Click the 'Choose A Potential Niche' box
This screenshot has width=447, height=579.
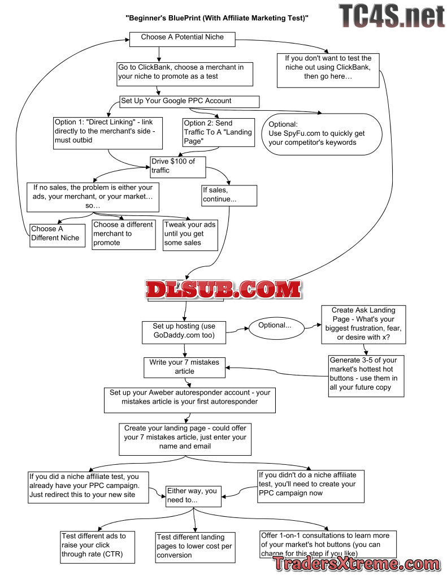tap(182, 38)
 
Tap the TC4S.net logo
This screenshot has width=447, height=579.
tap(391, 16)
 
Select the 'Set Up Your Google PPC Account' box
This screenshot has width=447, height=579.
tap(189, 102)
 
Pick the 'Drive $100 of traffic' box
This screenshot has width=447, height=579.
tap(177, 166)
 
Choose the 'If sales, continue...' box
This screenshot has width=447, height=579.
tap(229, 195)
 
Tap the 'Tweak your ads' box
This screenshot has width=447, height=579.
tap(190, 234)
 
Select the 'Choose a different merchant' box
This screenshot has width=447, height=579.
tap(123, 234)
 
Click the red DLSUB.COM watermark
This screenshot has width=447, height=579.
tap(223, 289)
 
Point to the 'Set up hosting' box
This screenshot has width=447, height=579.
tap(184, 332)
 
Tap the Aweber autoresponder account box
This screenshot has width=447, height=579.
tap(190, 400)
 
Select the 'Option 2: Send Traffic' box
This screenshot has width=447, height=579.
tap(208, 132)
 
